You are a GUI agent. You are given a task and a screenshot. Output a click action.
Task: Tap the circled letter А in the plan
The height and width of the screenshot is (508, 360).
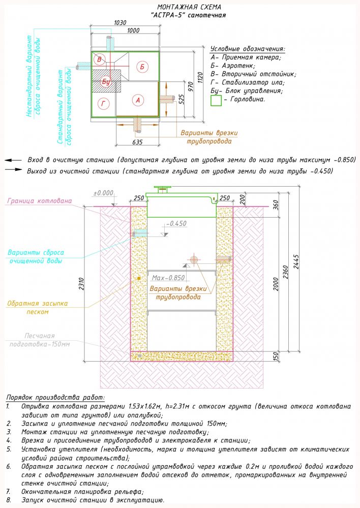[x=137, y=100]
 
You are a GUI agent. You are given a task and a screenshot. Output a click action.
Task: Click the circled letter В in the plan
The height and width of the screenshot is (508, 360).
[x=100, y=61]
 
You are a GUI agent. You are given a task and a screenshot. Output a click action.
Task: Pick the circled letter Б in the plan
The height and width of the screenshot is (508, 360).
[x=142, y=67]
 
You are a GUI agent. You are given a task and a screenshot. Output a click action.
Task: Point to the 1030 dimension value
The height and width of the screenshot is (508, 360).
[x=119, y=22]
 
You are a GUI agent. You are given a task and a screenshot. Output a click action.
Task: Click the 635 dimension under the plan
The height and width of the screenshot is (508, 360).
[x=137, y=141]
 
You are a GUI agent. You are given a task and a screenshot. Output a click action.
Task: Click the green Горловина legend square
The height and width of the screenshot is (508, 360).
[x=216, y=100]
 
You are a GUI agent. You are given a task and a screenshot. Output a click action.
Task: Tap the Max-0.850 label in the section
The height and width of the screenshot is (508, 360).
[x=168, y=278]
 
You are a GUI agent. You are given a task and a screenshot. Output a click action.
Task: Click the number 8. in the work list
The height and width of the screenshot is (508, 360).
[x=9, y=500]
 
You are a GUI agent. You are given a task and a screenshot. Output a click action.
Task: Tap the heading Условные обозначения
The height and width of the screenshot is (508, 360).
[x=247, y=49]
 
